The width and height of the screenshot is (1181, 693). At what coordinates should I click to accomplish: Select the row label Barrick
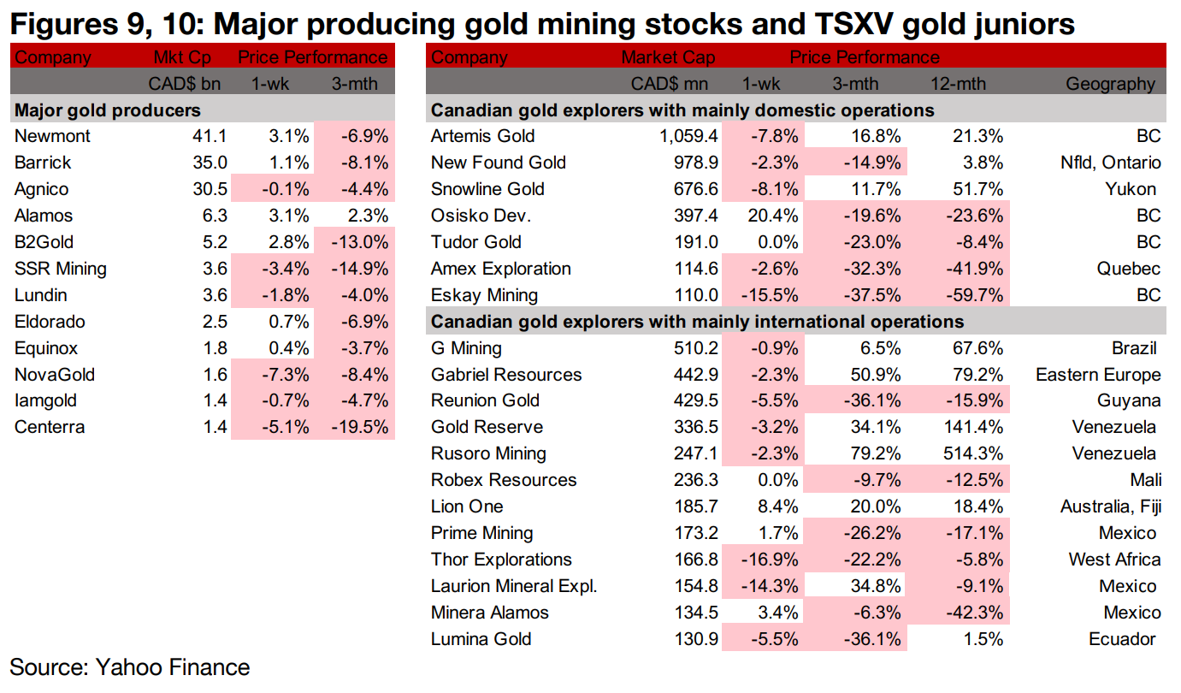(x=43, y=163)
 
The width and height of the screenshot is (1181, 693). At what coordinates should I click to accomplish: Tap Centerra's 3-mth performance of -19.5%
(x=358, y=428)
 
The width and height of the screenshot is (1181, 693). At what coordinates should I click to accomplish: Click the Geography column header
(x=1110, y=84)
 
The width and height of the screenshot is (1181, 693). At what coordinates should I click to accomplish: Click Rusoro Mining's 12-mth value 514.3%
(x=974, y=453)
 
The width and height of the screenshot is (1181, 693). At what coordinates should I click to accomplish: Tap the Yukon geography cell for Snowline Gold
(x=1134, y=189)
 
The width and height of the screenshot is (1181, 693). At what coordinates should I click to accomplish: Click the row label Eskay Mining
(x=484, y=295)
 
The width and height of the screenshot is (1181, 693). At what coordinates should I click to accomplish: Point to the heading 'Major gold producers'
(x=108, y=110)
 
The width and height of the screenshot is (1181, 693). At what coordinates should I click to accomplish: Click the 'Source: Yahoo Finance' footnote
(x=130, y=667)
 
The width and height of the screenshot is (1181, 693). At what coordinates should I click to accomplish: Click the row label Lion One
(x=467, y=506)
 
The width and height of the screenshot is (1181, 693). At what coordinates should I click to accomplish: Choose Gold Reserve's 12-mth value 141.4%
(x=974, y=427)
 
